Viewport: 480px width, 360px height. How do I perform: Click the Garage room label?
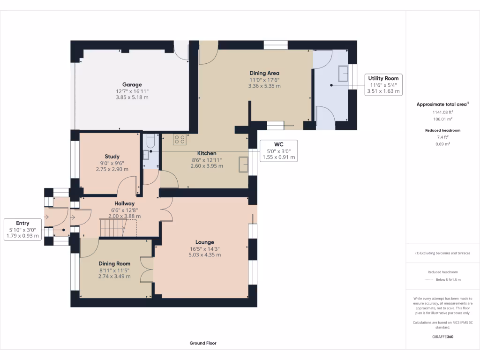tap(132, 84)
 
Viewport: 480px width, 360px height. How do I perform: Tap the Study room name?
tap(112, 157)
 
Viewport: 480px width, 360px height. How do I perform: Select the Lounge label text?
tap(204, 242)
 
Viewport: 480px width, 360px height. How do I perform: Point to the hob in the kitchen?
tap(180, 140)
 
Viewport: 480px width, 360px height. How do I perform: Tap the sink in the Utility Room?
tap(343, 74)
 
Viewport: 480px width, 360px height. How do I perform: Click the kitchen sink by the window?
tap(243, 165)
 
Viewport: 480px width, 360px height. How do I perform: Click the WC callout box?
tap(278, 151)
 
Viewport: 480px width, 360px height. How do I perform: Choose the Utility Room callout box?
tap(383, 85)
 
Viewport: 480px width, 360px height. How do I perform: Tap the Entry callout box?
tap(22, 229)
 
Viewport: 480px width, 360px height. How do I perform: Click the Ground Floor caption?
tap(203, 343)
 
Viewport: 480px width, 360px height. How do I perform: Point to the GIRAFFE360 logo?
tap(442, 337)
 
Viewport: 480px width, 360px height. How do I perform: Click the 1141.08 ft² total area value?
tap(442, 112)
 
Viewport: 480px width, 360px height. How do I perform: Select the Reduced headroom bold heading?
tap(442, 130)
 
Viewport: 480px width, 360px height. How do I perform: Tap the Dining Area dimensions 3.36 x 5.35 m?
tap(264, 86)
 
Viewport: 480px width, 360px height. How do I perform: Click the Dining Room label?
tap(114, 263)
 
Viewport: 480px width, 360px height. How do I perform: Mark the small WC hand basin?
tap(146, 155)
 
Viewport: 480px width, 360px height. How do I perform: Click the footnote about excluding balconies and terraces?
tap(442, 253)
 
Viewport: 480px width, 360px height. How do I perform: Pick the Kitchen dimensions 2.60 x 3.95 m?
tap(207, 166)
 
